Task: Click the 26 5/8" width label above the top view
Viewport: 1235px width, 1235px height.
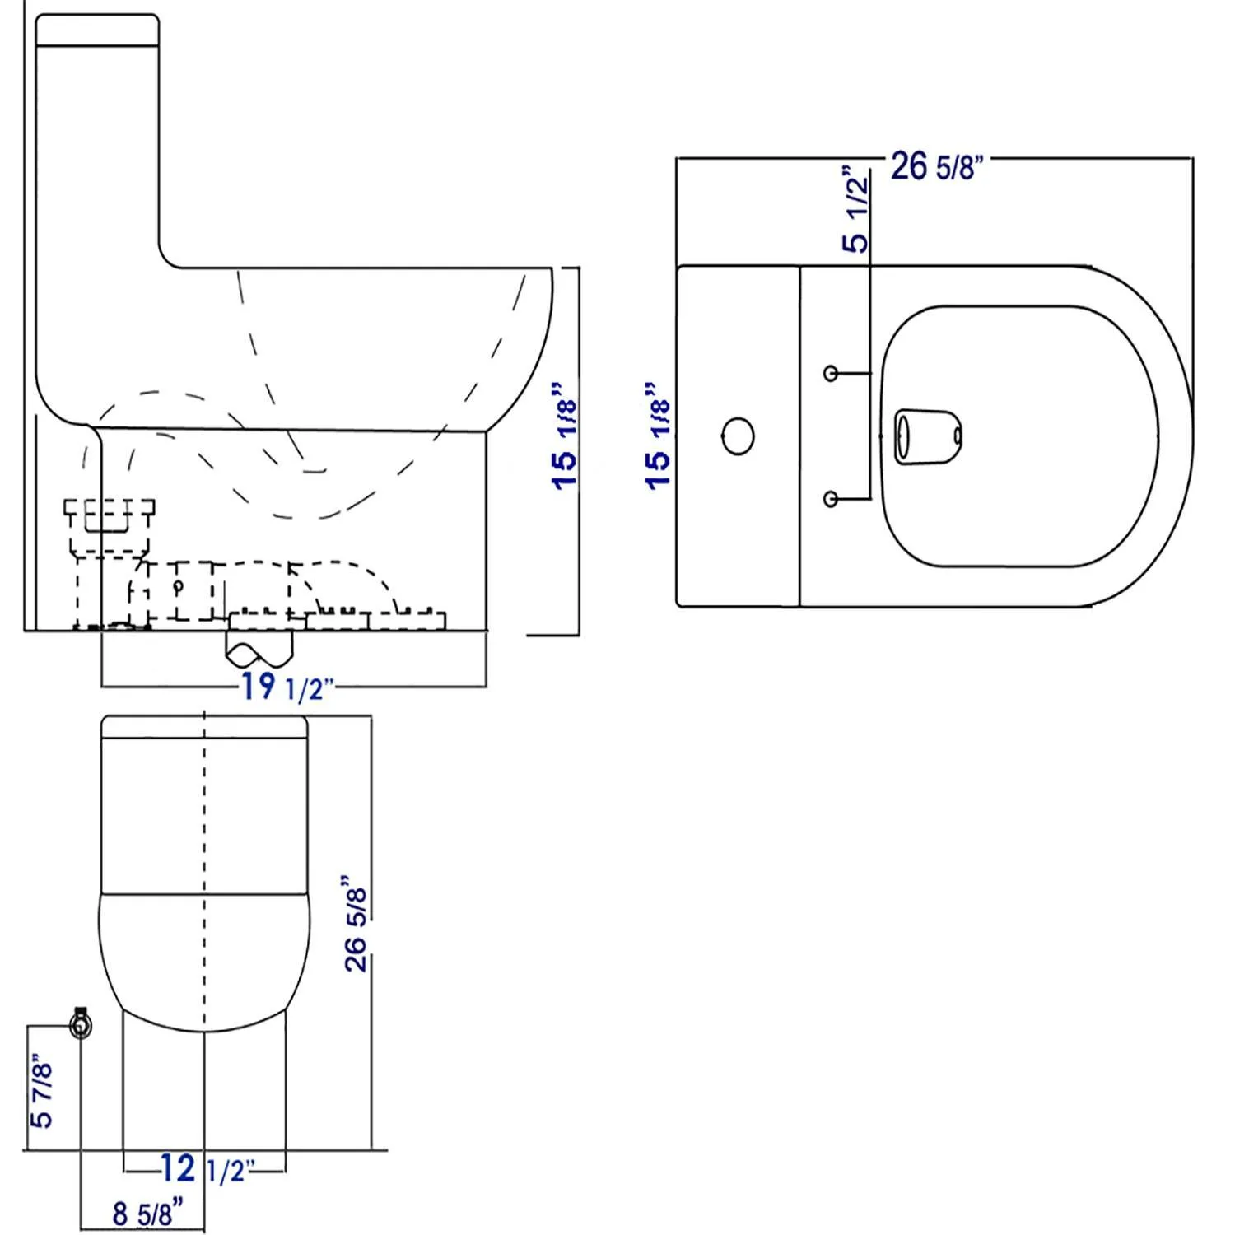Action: coord(937,166)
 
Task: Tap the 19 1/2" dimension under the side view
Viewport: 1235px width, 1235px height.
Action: coord(287,687)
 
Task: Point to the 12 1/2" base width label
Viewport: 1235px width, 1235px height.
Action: coord(208,1169)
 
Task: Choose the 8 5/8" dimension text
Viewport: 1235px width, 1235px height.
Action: coord(147,1214)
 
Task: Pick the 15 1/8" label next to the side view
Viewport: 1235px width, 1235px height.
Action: coord(565,436)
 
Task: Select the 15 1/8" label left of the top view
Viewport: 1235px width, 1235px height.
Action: coord(659,436)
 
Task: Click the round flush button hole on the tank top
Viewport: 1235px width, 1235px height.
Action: coord(738,436)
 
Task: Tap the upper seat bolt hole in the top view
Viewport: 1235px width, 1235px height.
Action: coord(831,374)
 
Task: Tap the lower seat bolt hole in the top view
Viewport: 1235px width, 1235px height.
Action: coord(831,499)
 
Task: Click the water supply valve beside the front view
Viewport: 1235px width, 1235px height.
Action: coord(81,1024)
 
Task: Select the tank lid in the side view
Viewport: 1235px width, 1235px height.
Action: coord(97,30)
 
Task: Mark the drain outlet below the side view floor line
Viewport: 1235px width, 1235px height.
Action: coord(259,650)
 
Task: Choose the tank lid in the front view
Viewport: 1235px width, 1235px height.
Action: coord(204,728)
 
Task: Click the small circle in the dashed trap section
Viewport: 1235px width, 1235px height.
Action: coord(177,587)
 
